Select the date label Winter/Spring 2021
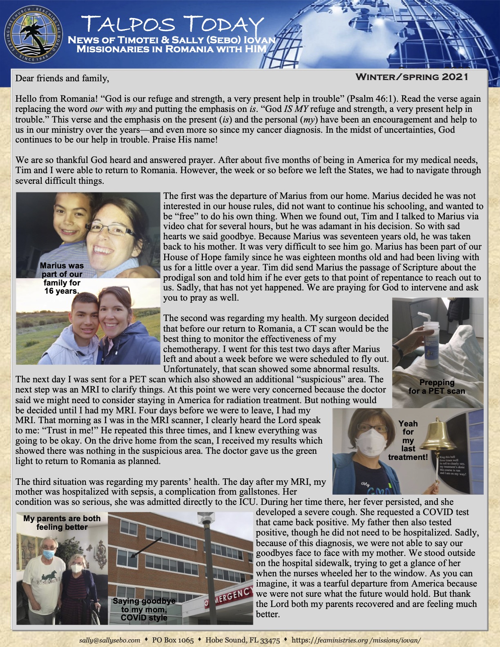click(412, 77)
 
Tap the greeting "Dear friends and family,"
click(62, 78)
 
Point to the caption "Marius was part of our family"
click(62, 278)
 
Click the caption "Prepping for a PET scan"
click(437, 386)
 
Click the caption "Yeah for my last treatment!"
click(408, 440)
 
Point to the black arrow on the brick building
click(143, 547)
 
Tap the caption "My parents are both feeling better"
click(62, 523)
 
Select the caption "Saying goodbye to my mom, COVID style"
click(144, 609)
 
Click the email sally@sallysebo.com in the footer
click(109, 640)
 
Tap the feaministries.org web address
click(356, 640)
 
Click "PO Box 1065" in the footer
click(173, 640)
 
